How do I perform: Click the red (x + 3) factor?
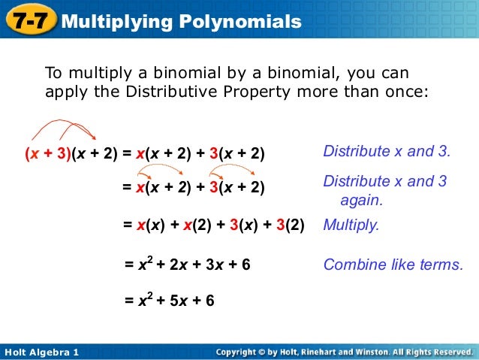[x=47, y=153]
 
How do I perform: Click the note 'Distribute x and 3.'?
[x=387, y=151]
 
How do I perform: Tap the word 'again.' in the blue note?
[x=362, y=201]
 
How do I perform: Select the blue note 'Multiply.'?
[x=351, y=225]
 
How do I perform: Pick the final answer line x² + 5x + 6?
[x=169, y=301]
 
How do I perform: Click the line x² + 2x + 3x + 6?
[x=187, y=265]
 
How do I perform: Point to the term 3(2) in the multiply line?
[x=291, y=225]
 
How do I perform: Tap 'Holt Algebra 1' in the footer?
[x=41, y=352]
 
